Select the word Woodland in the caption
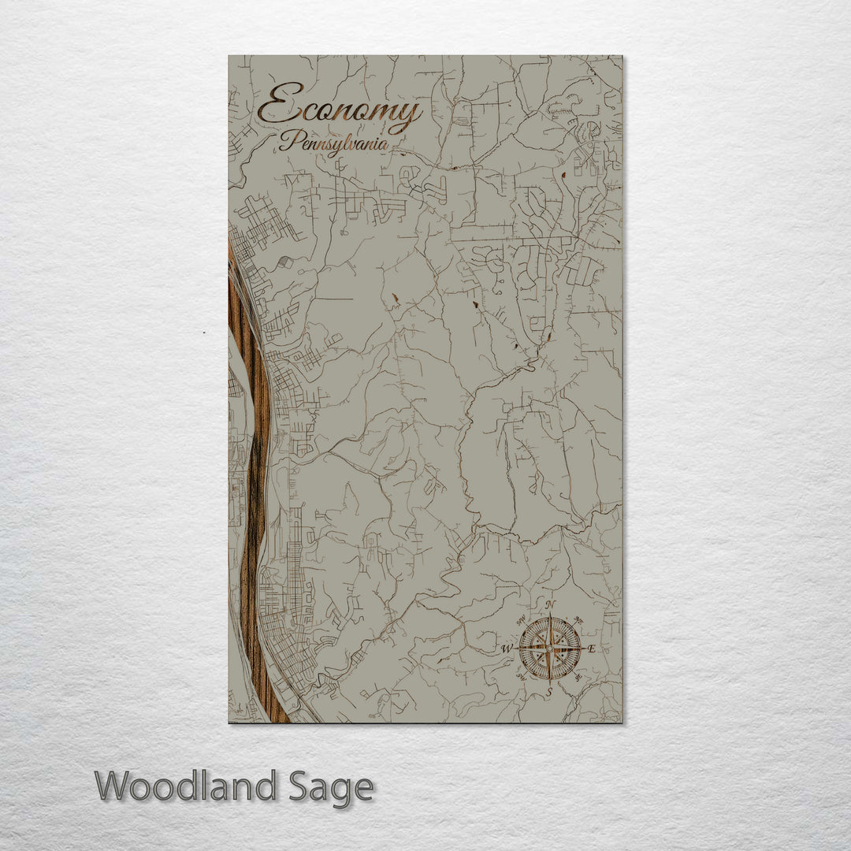point(186,786)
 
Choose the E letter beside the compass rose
point(592,649)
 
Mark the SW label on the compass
point(520,678)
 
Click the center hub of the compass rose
point(550,648)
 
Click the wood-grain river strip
point(254,489)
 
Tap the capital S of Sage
point(298,786)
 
